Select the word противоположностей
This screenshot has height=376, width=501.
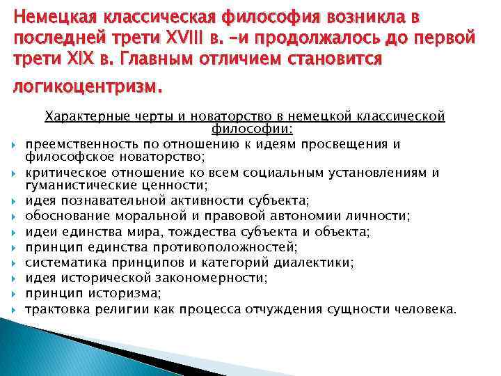[x=224, y=247]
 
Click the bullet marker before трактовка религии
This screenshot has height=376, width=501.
[x=15, y=308]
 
